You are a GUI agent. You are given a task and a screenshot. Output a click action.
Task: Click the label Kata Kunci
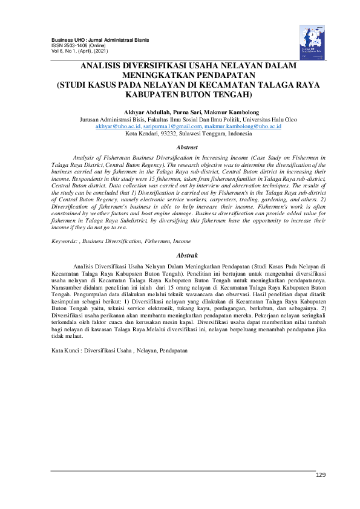click(x=66, y=351)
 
